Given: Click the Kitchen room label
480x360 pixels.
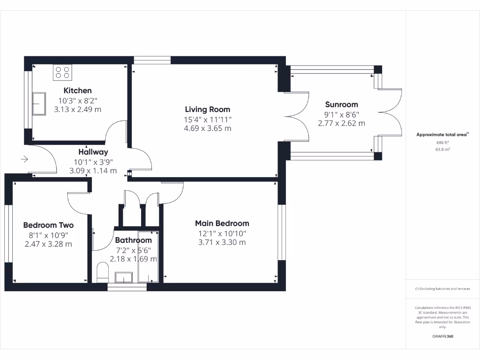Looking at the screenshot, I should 77,90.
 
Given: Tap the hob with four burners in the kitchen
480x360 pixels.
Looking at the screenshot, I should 63,72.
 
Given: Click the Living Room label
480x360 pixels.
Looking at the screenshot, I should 207,109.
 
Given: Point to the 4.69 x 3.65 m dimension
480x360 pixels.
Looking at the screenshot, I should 207,128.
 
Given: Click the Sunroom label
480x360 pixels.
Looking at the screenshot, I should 341,105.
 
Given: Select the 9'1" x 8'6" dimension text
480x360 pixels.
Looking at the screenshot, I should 341,114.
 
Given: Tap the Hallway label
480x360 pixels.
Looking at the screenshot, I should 93,152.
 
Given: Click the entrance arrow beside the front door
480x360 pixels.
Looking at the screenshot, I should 24,160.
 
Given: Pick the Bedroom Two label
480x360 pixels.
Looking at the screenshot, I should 48,225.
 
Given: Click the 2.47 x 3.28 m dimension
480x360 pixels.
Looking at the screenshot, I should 48,244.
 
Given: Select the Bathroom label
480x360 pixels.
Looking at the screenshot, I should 133,240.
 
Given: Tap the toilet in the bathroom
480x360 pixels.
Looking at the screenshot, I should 102,272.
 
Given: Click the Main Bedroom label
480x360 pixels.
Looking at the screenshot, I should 222,224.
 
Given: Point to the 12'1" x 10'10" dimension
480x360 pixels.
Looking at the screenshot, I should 222,233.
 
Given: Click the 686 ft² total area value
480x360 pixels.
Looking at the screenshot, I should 442,142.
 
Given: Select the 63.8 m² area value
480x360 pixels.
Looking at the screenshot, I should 442,150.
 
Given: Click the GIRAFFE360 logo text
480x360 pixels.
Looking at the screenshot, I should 443,336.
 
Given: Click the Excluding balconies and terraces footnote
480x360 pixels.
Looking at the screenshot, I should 442,289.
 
